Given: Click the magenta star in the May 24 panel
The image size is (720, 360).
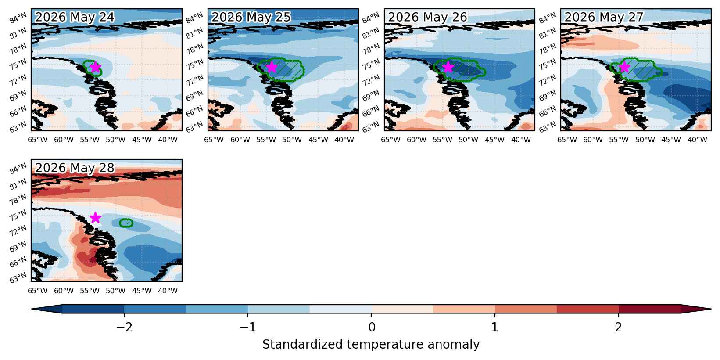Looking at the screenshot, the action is point(96,67).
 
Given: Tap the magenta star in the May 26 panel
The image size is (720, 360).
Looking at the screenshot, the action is point(448,67).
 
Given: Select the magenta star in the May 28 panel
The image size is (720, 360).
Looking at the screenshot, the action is point(96,217).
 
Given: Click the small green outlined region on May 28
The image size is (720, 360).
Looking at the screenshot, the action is point(126,223).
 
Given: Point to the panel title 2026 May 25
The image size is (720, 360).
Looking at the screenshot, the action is point(251,17).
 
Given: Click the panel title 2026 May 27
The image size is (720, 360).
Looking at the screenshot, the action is point(604,17).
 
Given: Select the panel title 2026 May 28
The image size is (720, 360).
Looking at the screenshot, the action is point(75,168).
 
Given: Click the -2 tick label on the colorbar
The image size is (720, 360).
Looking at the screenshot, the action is point(124,327).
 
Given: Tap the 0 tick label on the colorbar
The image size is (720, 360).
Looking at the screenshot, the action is point(372,327).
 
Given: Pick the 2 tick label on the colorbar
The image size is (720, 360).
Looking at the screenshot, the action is point(619,327).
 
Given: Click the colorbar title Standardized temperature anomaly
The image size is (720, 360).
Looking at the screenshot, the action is point(371,345).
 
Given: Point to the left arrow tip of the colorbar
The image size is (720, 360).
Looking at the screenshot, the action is point(32,309).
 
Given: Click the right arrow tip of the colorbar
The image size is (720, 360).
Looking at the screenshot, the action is point(711,309).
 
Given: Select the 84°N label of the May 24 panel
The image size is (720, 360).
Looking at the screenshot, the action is point(18,18).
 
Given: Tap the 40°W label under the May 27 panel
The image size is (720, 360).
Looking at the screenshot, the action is point(697,140).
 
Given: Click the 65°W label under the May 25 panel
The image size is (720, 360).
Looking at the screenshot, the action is point(214,140).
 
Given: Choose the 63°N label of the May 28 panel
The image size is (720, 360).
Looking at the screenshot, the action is point(18,277).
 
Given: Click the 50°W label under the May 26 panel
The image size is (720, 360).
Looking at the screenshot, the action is point(468,140).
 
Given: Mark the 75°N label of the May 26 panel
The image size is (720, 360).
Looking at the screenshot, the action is point(371,65).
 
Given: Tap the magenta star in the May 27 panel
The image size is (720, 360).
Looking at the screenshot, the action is point(624,67).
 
